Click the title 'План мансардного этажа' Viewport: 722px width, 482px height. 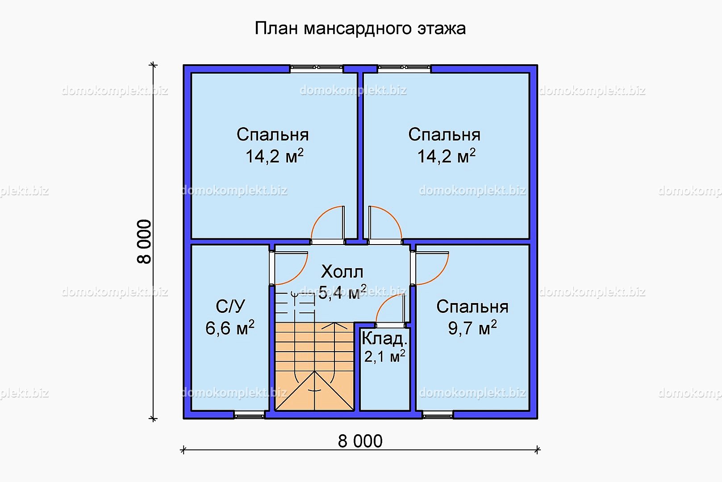click(360, 29)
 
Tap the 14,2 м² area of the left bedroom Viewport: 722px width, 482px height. click(275, 156)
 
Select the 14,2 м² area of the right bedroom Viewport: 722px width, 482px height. click(447, 156)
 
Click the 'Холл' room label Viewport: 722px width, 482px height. click(342, 272)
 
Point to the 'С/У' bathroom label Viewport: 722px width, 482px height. click(230, 306)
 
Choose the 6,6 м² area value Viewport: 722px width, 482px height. click(230, 328)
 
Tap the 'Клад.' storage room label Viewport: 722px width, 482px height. click(384, 338)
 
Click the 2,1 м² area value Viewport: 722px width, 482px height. click(384, 356)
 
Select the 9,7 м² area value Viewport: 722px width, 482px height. click(472, 328)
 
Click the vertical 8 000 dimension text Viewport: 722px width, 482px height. click(144, 241)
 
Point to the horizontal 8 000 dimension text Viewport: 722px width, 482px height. click(360, 441)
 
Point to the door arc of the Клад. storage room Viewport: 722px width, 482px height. click(384, 302)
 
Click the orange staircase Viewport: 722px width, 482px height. click(315, 367)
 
